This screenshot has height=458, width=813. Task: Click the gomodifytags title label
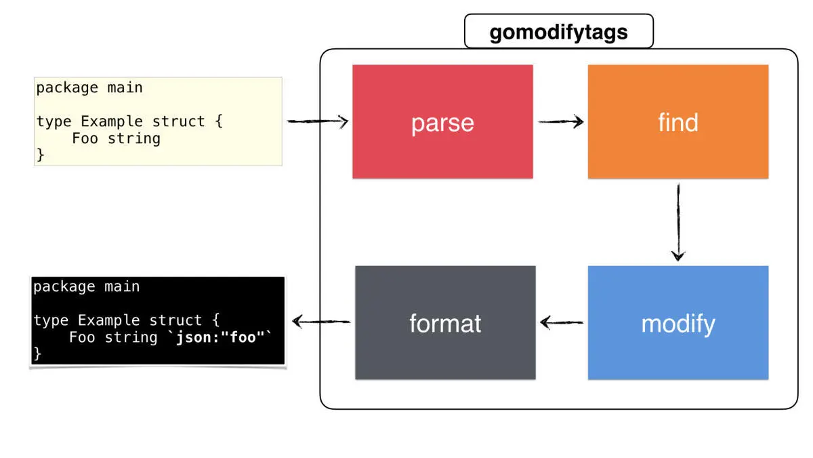(x=558, y=32)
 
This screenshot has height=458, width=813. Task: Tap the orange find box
(x=677, y=121)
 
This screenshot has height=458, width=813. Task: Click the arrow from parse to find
(x=561, y=122)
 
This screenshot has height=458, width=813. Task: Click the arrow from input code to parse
(x=317, y=122)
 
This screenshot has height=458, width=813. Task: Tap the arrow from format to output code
(x=320, y=321)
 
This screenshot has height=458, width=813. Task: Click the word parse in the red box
(x=442, y=123)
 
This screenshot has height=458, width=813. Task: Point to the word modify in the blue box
(x=677, y=324)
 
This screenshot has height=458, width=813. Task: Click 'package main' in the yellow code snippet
(x=89, y=88)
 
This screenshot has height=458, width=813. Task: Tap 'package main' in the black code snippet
(x=87, y=286)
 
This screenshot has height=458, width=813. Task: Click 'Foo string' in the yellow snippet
(x=116, y=138)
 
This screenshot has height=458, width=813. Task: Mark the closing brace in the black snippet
(x=37, y=354)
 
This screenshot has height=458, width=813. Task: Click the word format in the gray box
(x=445, y=324)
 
